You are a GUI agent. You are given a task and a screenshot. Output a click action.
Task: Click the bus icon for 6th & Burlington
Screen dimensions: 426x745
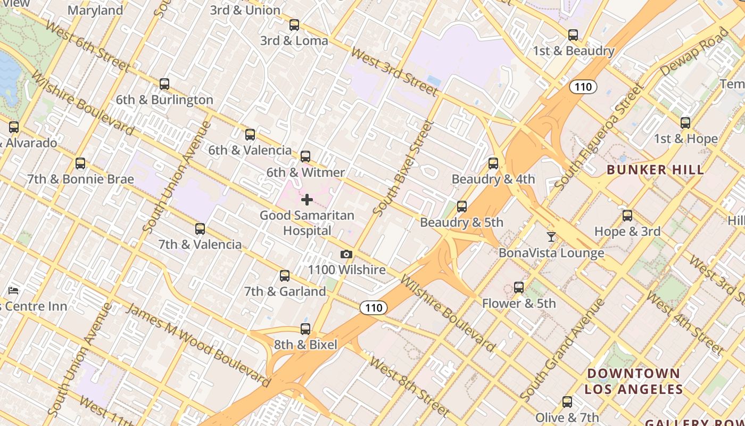(x=164, y=84)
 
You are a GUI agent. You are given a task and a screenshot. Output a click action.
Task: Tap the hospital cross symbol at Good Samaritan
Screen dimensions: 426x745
(x=307, y=200)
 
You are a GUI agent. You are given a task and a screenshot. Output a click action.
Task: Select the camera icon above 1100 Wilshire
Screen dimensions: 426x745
(x=346, y=255)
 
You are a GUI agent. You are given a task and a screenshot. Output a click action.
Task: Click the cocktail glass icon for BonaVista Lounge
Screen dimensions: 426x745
(x=551, y=237)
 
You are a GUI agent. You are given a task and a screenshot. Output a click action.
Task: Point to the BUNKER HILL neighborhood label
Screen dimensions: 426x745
(x=655, y=170)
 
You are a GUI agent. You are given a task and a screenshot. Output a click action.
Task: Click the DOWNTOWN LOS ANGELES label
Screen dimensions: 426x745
(x=633, y=381)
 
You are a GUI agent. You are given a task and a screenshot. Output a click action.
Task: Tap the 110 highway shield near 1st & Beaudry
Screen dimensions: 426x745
(x=583, y=87)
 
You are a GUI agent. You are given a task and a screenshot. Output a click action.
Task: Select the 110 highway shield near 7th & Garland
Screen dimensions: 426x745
(x=374, y=308)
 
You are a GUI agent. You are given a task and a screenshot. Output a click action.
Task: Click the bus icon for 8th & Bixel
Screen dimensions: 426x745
(x=305, y=329)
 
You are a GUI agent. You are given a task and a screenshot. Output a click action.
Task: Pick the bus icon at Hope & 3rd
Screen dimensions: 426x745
(x=627, y=216)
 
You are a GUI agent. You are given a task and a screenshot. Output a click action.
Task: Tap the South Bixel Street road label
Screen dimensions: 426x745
(x=403, y=168)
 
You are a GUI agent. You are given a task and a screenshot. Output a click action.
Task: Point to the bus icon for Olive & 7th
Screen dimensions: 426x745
(x=567, y=402)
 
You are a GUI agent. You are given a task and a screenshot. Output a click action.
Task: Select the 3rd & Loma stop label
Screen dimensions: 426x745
(x=294, y=40)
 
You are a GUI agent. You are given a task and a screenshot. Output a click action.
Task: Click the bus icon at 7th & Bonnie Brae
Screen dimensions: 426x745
(x=80, y=163)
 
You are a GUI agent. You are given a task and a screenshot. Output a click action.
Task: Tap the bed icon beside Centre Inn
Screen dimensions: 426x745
(x=14, y=291)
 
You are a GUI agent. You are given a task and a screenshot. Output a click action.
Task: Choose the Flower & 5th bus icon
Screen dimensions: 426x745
(x=519, y=288)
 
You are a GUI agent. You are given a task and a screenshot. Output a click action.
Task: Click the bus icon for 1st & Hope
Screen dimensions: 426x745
(x=685, y=123)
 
